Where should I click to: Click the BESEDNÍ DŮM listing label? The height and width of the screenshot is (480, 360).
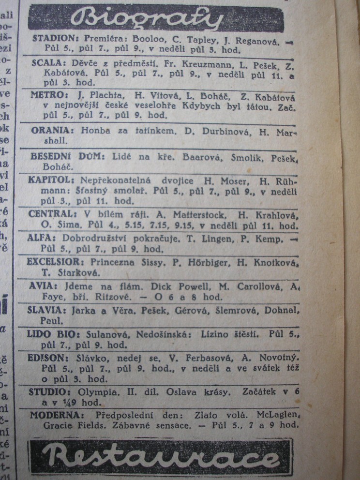[x=61, y=157]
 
